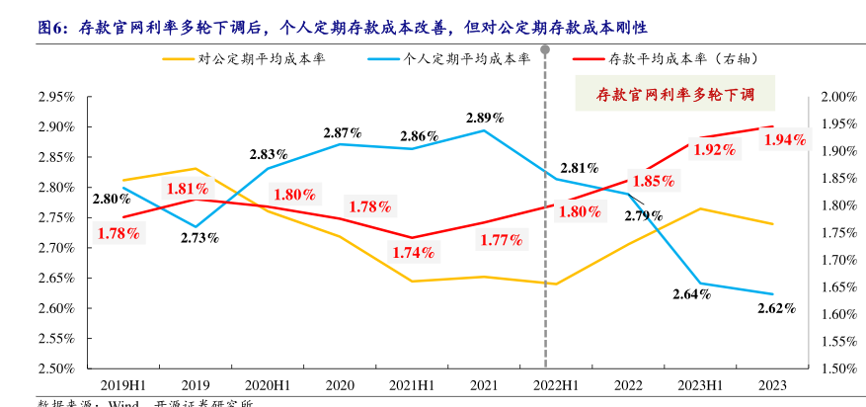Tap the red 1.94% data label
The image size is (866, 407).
tap(785, 140)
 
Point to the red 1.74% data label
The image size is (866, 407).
tap(413, 252)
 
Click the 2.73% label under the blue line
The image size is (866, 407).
tap(199, 238)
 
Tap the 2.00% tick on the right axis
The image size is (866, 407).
tap(836, 97)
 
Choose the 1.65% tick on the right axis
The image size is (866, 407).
tap(836, 287)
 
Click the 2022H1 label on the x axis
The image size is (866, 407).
tap(556, 385)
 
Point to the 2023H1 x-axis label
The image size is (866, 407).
tap(700, 385)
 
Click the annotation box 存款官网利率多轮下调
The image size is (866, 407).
tap(675, 95)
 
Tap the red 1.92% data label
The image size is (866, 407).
tap(713, 150)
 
